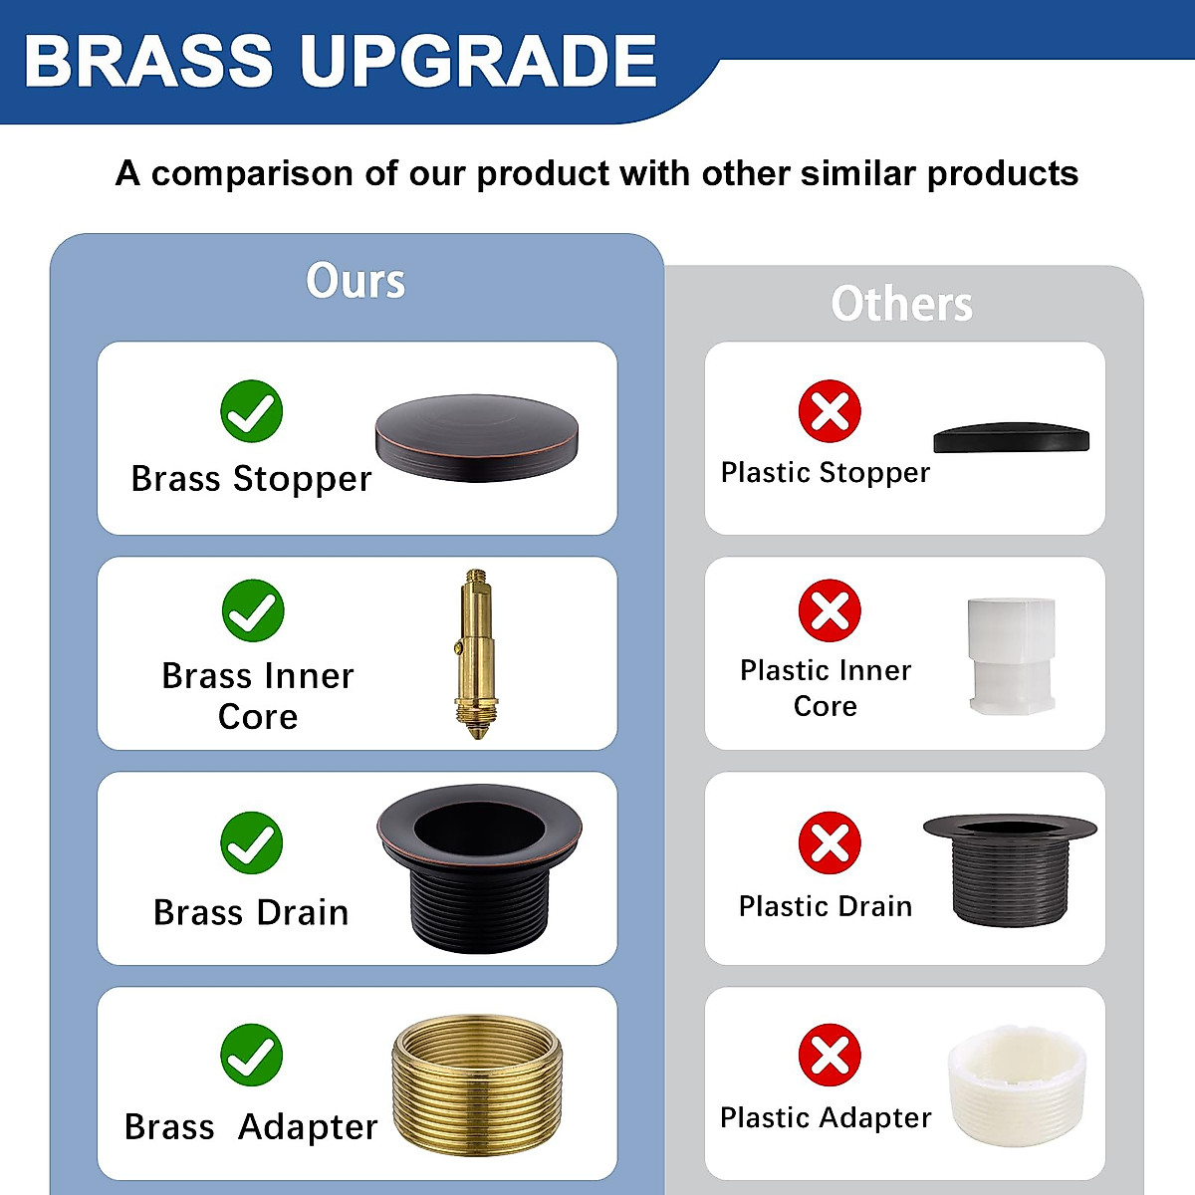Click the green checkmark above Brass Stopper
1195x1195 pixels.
tap(252, 411)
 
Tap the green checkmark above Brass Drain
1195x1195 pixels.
tap(252, 843)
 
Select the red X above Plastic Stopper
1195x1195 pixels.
tap(830, 411)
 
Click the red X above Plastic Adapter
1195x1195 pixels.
tap(830, 1056)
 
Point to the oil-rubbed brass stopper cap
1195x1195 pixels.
tap(477, 437)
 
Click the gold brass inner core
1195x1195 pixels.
tap(476, 652)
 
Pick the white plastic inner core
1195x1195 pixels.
tap(1011, 655)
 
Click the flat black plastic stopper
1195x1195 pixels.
tap(1011, 438)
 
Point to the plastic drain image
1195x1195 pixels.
tap(1010, 869)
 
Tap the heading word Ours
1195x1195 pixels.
tap(356, 281)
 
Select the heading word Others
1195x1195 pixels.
tap(901, 304)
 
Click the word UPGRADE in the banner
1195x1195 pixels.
tap(478, 62)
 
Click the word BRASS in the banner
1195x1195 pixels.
tap(148, 62)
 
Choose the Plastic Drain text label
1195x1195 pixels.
tap(826, 906)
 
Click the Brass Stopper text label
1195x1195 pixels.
tap(251, 479)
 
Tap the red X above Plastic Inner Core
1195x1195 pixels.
tap(830, 610)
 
